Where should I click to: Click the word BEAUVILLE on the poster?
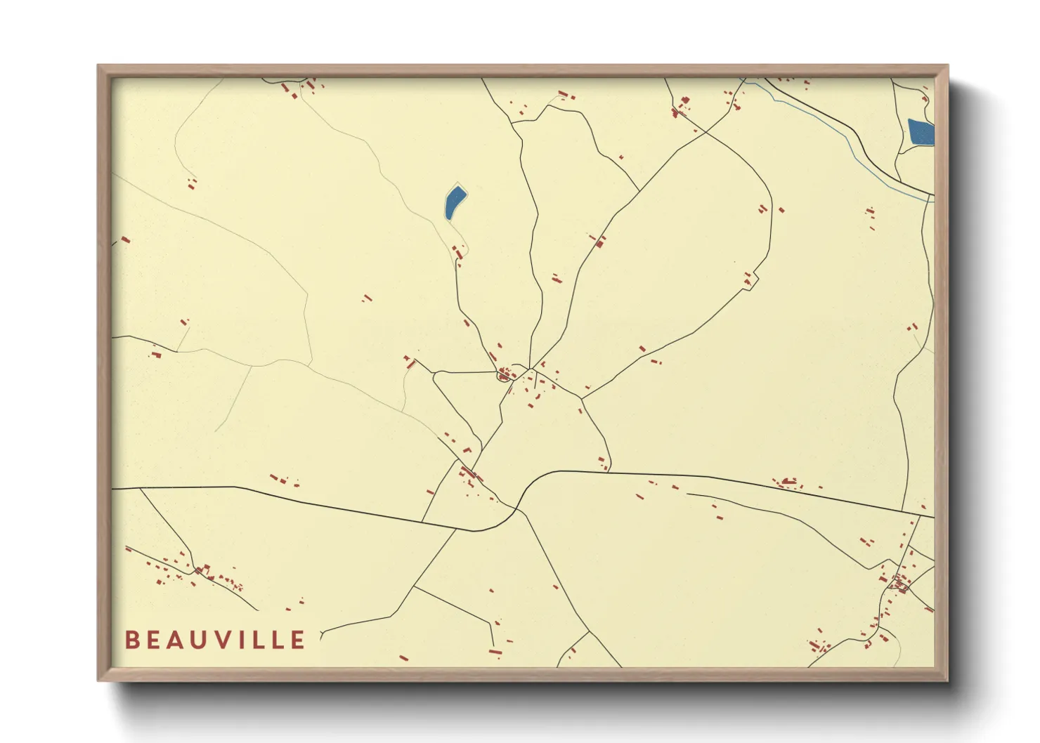pyautogui.click(x=215, y=640)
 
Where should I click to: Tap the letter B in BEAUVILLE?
pyautogui.click(x=131, y=640)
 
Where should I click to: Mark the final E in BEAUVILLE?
pyautogui.click(x=298, y=640)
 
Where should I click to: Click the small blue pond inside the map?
pyautogui.click(x=454, y=202)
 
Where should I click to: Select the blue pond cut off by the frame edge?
pyautogui.click(x=921, y=132)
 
